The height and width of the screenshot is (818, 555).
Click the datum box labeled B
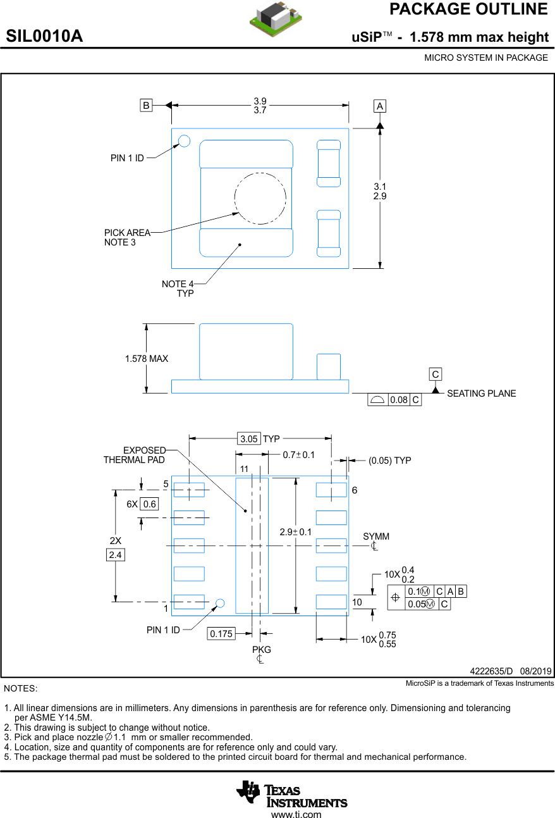tap(146, 106)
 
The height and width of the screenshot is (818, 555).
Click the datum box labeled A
tap(380, 106)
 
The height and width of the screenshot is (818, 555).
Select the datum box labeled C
tap(436, 374)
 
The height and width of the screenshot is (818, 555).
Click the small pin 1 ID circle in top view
tap(184, 140)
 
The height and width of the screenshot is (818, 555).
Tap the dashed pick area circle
tap(260, 198)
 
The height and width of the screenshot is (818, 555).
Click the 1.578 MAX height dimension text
tap(147, 359)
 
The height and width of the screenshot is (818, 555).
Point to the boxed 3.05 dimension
tap(249, 438)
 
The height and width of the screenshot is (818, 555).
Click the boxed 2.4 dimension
tap(115, 555)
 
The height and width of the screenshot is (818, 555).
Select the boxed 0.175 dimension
tap(221, 633)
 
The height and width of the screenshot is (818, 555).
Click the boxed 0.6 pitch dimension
tap(150, 504)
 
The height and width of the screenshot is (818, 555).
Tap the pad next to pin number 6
tap(331, 490)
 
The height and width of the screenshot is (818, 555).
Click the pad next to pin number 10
tap(331, 602)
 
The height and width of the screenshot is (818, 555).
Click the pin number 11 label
tap(244, 469)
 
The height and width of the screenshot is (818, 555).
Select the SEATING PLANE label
tap(481, 394)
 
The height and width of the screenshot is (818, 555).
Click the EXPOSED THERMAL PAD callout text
tap(134, 455)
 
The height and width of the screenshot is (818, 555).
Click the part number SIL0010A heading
tap(44, 36)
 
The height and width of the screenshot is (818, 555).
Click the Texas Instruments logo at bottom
tap(292, 794)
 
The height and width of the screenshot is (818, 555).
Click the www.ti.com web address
tap(296, 814)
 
